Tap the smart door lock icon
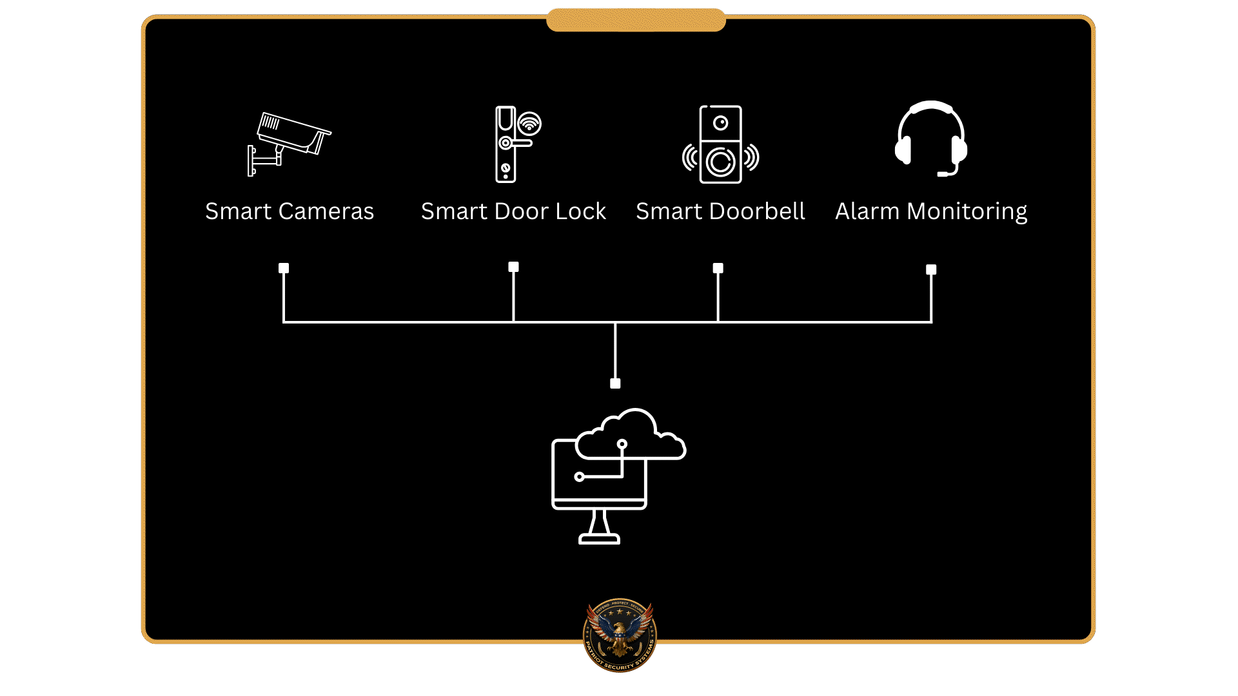509,144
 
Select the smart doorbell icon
720,144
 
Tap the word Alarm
867,211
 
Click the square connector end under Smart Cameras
284,268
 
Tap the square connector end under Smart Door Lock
513,267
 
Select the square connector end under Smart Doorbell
718,268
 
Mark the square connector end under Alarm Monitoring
931,269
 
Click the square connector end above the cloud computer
615,383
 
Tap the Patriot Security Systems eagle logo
620,635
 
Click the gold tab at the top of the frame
636,20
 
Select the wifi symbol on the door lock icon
529,123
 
